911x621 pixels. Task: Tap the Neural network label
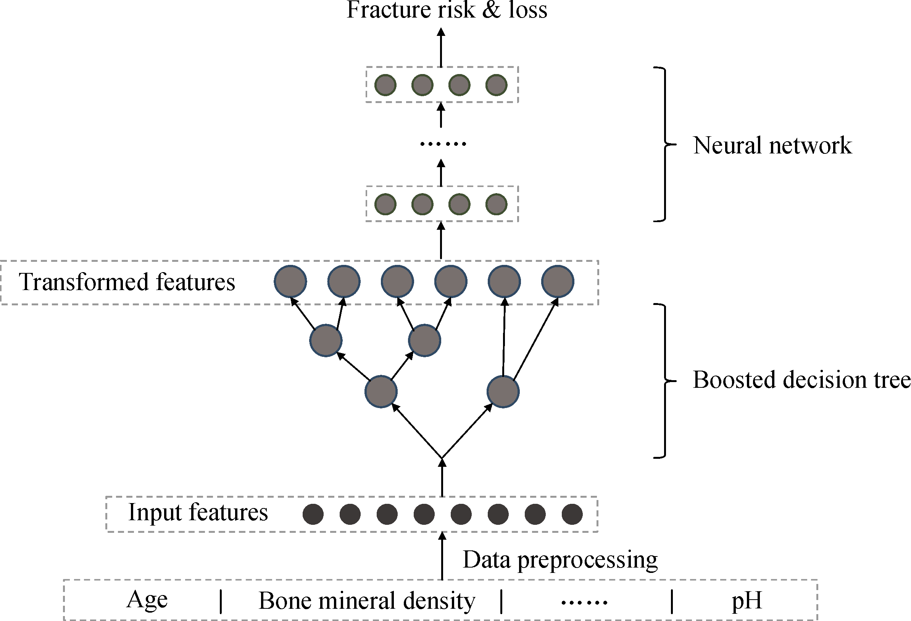click(x=772, y=145)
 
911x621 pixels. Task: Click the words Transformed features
click(x=127, y=282)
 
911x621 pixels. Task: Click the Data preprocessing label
click(x=560, y=560)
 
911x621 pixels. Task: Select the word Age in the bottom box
click(x=147, y=600)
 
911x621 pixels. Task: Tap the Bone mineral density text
click(x=367, y=601)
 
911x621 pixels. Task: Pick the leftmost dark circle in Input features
click(x=313, y=514)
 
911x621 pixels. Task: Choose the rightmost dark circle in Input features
click(x=572, y=514)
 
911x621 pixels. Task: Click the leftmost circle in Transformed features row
click(x=290, y=281)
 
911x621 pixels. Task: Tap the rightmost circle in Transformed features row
click(x=558, y=281)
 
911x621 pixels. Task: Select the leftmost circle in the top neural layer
click(x=385, y=85)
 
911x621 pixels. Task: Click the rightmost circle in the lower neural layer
click(x=496, y=204)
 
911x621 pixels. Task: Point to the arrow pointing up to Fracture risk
click(x=441, y=47)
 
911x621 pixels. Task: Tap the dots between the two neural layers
click(x=443, y=144)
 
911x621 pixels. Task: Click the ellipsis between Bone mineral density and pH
click(x=584, y=602)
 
